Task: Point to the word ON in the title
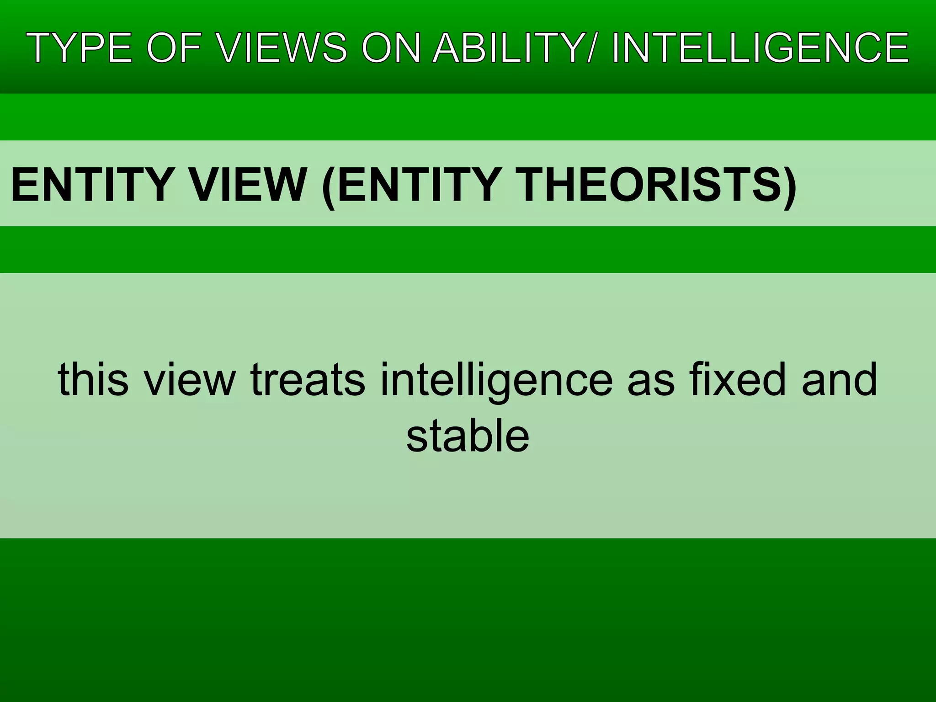391,48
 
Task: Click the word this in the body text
93,379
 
